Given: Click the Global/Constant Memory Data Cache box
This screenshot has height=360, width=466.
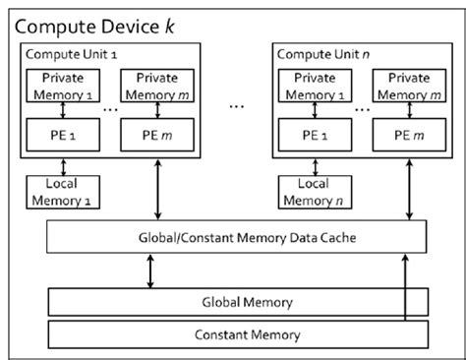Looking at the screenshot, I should [237, 236].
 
